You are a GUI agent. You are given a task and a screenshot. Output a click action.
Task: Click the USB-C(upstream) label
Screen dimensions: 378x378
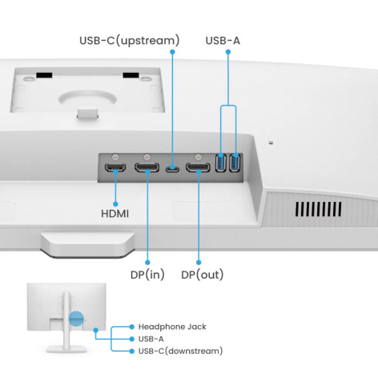point(129,39)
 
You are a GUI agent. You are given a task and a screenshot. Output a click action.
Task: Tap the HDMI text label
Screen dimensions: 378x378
point(116,215)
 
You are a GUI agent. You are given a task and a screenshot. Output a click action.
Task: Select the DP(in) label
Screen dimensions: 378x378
point(148,275)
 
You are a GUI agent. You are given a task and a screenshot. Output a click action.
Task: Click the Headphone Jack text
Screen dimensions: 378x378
point(173,327)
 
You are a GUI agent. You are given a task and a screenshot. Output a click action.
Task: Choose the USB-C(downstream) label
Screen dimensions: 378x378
point(180,351)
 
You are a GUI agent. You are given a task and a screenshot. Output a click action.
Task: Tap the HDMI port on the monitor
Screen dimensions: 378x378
point(116,167)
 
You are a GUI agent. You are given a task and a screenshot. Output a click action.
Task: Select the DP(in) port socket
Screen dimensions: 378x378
point(147,167)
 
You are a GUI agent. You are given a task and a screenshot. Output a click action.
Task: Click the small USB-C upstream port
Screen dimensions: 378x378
point(171,168)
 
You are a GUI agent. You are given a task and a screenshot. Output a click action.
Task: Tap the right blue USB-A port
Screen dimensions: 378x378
point(234,163)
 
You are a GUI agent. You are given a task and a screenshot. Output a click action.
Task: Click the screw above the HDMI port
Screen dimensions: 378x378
point(116,155)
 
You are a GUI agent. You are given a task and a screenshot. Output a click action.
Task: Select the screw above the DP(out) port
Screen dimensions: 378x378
point(198,155)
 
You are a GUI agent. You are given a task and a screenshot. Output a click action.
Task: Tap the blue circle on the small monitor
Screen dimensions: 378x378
point(75,318)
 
